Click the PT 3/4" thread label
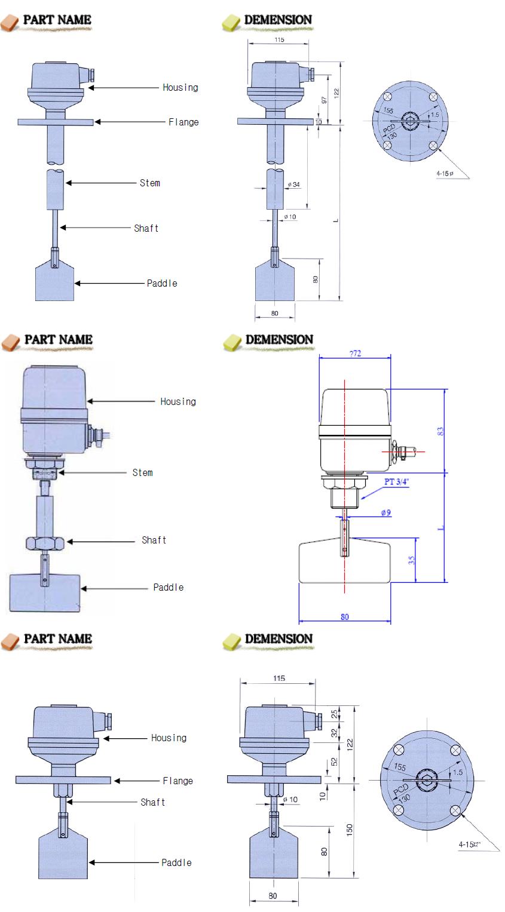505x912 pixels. tap(394, 482)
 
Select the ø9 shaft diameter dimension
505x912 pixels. tap(385, 513)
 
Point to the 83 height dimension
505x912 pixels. tap(440, 431)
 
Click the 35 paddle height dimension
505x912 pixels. tap(412, 560)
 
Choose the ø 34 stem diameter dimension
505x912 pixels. tap(293, 185)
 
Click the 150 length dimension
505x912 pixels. tap(350, 830)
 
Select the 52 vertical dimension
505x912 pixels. tap(334, 762)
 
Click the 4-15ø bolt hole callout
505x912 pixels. tap(445, 173)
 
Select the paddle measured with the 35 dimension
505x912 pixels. tap(344, 561)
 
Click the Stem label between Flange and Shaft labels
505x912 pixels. tap(149, 183)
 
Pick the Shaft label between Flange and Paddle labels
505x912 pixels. tap(152, 802)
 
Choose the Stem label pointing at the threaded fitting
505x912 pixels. tap(142, 472)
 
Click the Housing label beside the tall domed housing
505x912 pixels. tap(177, 401)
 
